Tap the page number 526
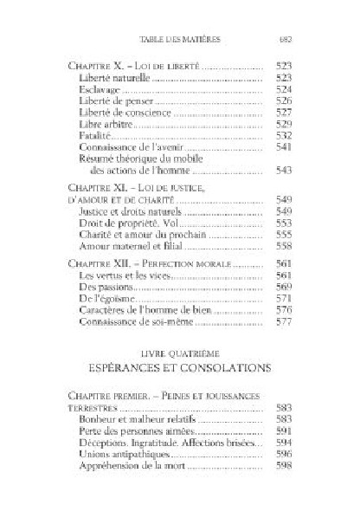pos(284,101)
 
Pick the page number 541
pos(284,148)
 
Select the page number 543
pos(284,171)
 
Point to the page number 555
pos(284,234)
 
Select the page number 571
pos(284,298)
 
